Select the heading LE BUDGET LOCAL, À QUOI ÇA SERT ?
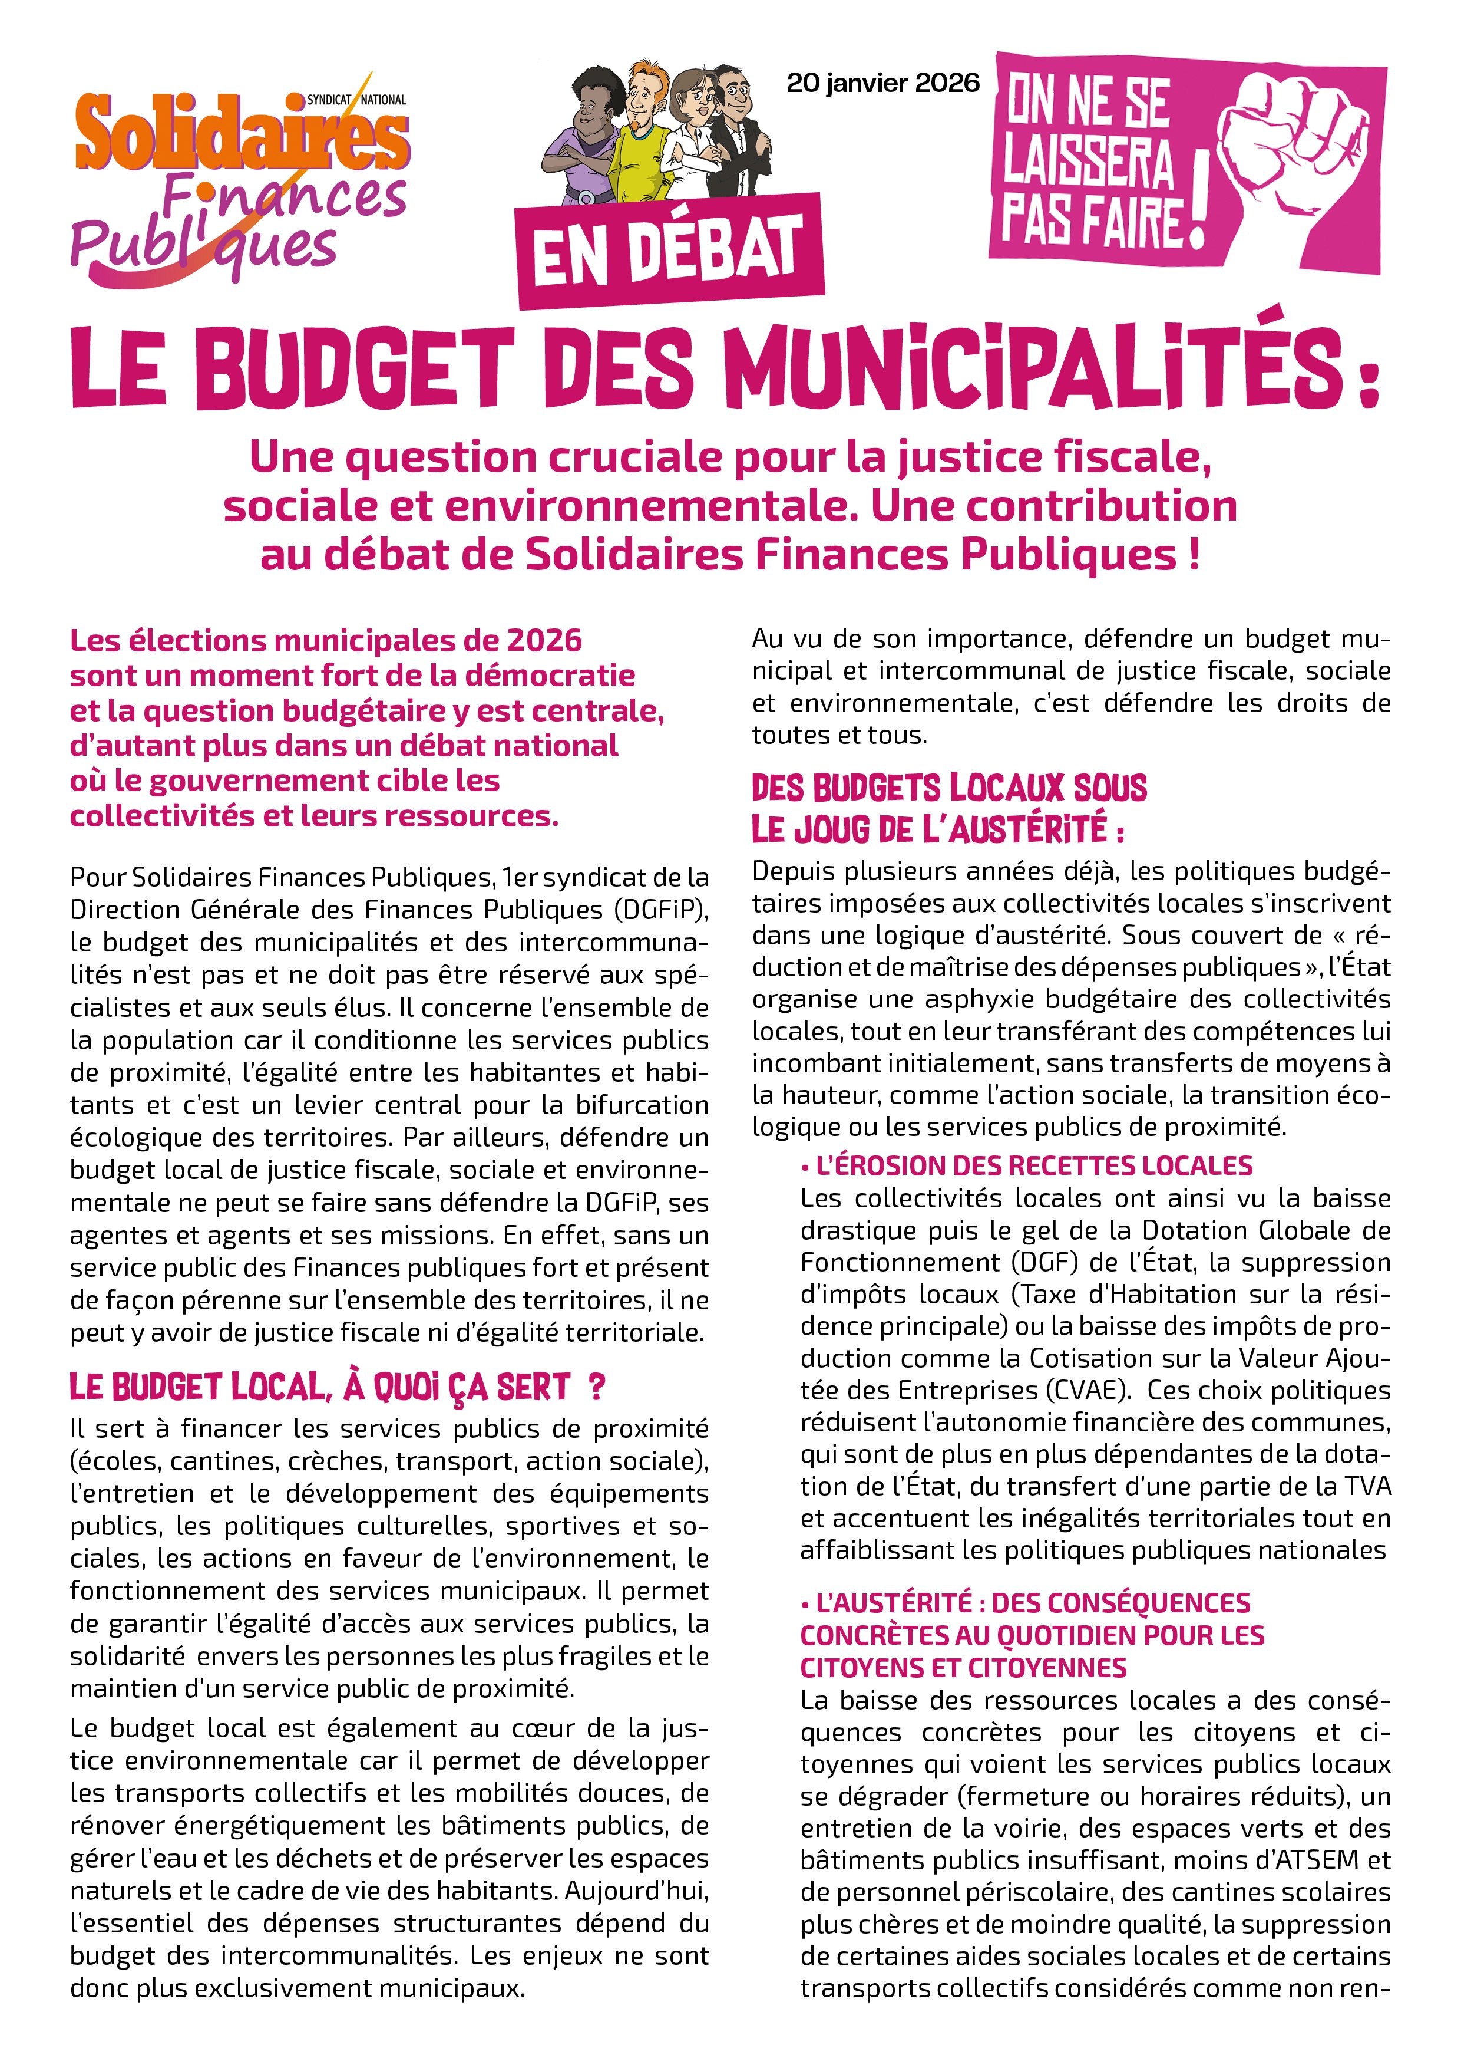click(338, 1387)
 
